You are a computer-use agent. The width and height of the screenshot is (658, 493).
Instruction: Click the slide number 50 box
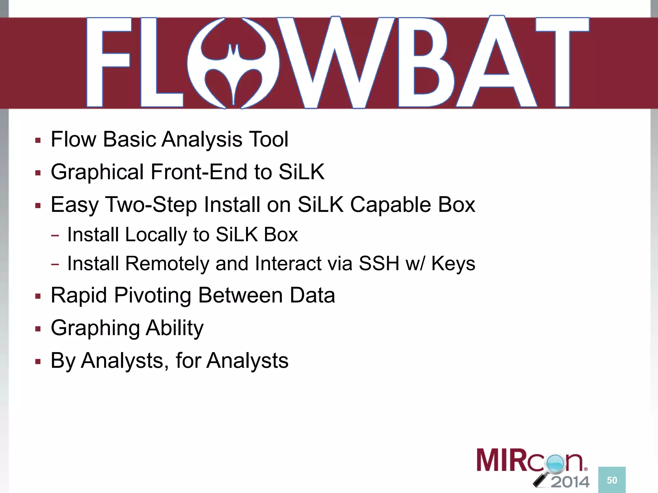click(x=612, y=480)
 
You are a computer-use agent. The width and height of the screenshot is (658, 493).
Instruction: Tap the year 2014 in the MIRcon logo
click(x=570, y=482)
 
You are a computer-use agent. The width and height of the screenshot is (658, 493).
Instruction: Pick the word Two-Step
click(x=151, y=205)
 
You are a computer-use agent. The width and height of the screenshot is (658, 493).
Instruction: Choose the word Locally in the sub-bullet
click(x=156, y=235)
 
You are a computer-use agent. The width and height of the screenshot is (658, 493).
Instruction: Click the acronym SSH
click(x=379, y=264)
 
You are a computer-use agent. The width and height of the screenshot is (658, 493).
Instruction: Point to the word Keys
click(x=453, y=264)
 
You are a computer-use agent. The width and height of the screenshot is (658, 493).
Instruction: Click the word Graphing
click(x=95, y=328)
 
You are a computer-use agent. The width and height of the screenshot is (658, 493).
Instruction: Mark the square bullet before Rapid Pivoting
click(x=38, y=296)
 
